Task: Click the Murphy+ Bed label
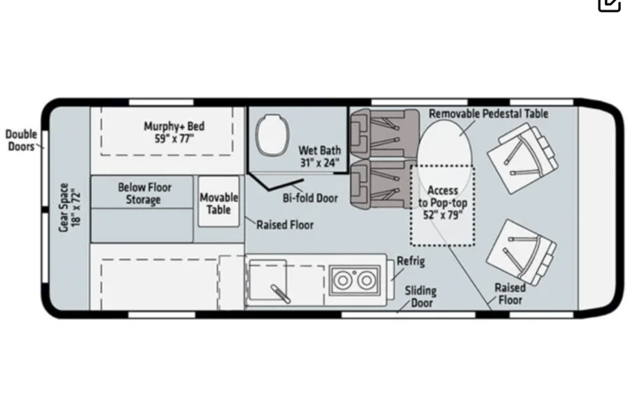click(169, 132)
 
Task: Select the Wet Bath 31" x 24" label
click(319, 155)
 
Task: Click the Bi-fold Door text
click(310, 198)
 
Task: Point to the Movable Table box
click(219, 203)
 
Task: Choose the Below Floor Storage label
click(144, 193)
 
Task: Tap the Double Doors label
click(21, 140)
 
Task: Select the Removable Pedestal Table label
click(488, 113)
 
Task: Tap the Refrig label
click(411, 262)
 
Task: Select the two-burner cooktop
click(354, 280)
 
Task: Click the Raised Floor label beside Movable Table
click(284, 225)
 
